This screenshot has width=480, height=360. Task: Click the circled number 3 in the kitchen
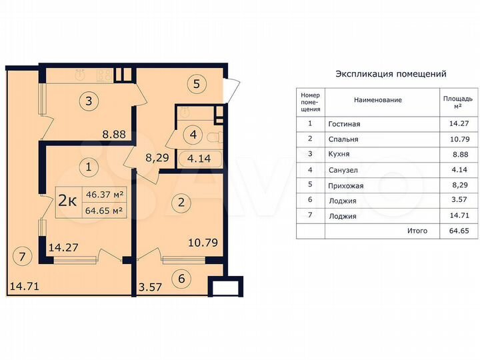coord(89,102)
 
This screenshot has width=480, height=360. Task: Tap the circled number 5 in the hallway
coord(195,84)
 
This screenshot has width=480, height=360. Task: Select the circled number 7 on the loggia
coord(21,256)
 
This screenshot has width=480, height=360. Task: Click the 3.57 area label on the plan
coord(150,287)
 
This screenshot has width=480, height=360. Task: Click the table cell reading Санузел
coord(343,170)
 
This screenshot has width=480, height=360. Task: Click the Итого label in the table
coord(417,231)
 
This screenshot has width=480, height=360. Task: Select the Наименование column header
coord(377,100)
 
